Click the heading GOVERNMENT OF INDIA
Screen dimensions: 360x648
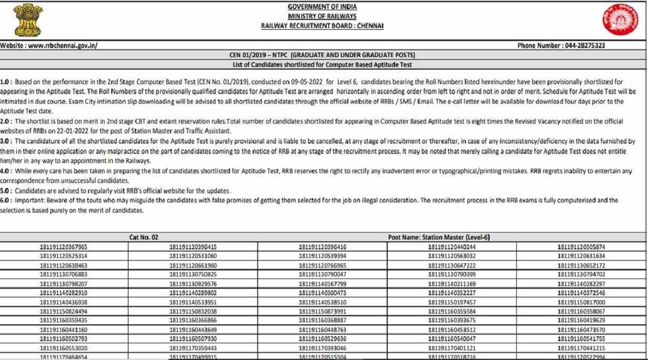click(x=322, y=7)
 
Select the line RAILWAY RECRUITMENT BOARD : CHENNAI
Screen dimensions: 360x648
click(x=322, y=25)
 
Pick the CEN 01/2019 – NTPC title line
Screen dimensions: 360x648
click(x=322, y=56)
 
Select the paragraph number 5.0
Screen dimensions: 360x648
click(x=6, y=191)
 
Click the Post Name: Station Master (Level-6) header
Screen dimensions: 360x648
click(x=438, y=237)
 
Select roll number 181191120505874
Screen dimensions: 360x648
click(x=581, y=247)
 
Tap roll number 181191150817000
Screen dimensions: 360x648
click(x=581, y=302)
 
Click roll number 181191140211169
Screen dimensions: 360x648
click(x=452, y=284)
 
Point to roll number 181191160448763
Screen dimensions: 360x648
click(x=322, y=330)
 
